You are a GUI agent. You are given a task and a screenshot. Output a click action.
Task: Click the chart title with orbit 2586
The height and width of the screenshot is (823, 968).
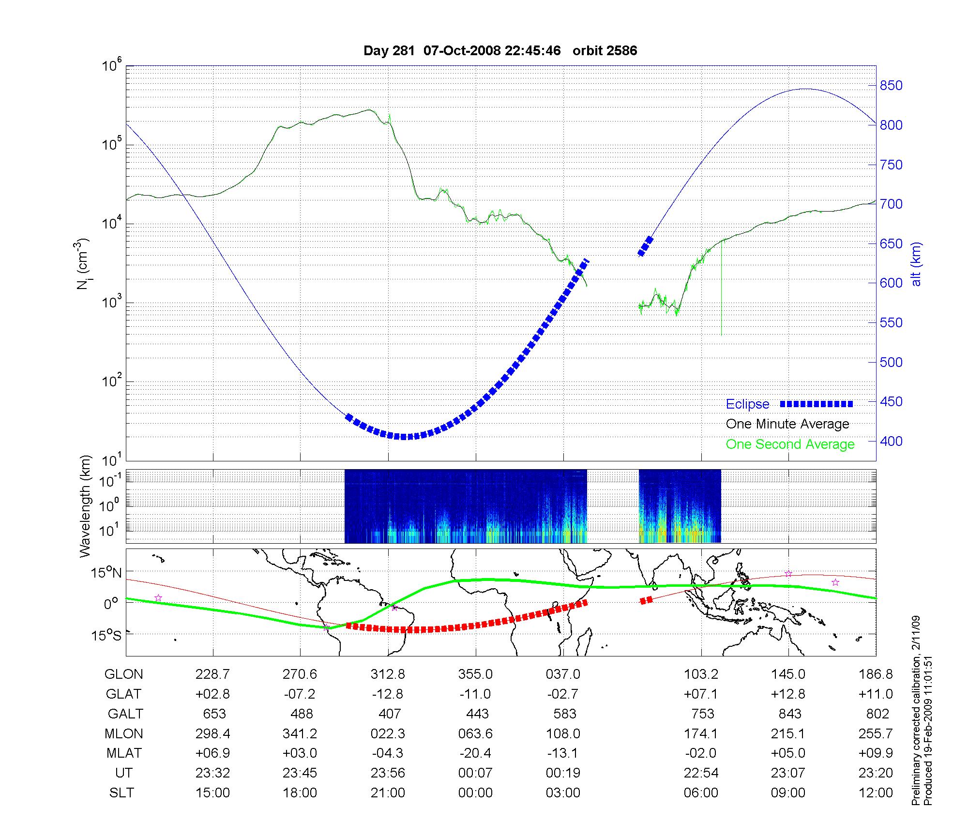[500, 50]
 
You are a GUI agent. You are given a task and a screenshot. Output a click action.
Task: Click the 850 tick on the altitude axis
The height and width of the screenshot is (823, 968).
[891, 86]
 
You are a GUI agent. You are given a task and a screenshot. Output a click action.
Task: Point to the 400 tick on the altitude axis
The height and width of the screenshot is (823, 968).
[891, 441]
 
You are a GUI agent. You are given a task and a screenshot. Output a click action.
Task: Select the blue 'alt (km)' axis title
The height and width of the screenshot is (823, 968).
[916, 264]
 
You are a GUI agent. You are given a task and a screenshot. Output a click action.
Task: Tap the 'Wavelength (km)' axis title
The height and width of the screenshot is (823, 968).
[85, 506]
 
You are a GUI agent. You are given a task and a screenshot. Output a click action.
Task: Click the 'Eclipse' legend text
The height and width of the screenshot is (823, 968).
[747, 404]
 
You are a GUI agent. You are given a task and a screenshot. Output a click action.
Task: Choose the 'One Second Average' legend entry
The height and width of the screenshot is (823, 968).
[790, 444]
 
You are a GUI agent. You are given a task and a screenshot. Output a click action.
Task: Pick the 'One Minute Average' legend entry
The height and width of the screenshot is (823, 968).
[787, 424]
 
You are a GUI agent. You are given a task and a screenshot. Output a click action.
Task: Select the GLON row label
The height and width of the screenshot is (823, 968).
[124, 674]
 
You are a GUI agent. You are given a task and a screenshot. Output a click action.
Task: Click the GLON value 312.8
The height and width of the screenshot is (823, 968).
[388, 674]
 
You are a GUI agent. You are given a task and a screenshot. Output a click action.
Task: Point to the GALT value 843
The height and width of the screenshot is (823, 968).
[790, 714]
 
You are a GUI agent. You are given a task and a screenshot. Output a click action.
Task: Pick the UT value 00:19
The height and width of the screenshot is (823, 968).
[563, 773]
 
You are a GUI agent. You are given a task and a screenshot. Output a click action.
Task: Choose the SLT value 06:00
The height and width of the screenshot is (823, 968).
[701, 793]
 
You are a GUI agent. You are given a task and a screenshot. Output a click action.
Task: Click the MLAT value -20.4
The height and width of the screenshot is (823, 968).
[475, 753]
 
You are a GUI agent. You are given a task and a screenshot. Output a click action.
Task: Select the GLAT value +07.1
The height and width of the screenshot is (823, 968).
[701, 694]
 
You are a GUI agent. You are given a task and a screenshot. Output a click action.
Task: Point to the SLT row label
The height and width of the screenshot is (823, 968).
[121, 793]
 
